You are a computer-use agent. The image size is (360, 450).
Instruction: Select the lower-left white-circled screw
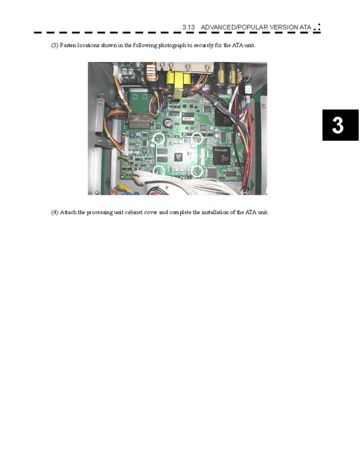click(158, 171)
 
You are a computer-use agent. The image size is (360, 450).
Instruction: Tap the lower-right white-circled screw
click(197, 172)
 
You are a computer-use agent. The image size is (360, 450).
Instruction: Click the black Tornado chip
click(221, 155)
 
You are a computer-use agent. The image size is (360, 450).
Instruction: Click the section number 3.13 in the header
click(188, 27)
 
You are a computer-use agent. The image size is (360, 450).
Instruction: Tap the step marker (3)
click(55, 45)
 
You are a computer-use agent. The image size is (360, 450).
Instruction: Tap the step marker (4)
click(55, 213)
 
